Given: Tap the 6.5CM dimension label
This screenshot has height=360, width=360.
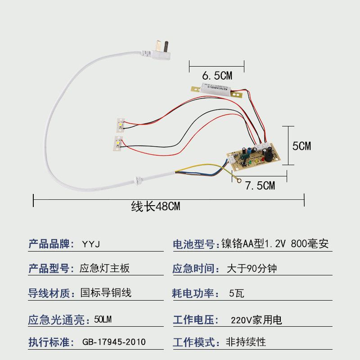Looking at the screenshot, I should pyautogui.click(x=217, y=76).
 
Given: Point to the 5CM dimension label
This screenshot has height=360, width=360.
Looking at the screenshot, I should pyautogui.click(x=301, y=146).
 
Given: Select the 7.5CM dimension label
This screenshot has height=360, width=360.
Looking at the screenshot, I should pyautogui.click(x=260, y=185).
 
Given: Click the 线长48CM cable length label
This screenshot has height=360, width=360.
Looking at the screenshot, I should pyautogui.click(x=156, y=207).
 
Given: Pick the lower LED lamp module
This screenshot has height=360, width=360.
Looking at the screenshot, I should pyautogui.click(x=118, y=143).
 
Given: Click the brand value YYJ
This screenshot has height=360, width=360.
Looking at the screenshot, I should pyautogui.click(x=90, y=244).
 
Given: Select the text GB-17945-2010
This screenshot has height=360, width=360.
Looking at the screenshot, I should pyautogui.click(x=114, y=342).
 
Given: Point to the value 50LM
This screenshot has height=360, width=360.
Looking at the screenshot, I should pyautogui.click(x=103, y=320).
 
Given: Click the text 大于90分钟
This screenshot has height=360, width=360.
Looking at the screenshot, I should pyautogui.click(x=252, y=269).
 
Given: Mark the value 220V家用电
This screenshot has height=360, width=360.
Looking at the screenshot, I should pyautogui.click(x=256, y=320).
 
